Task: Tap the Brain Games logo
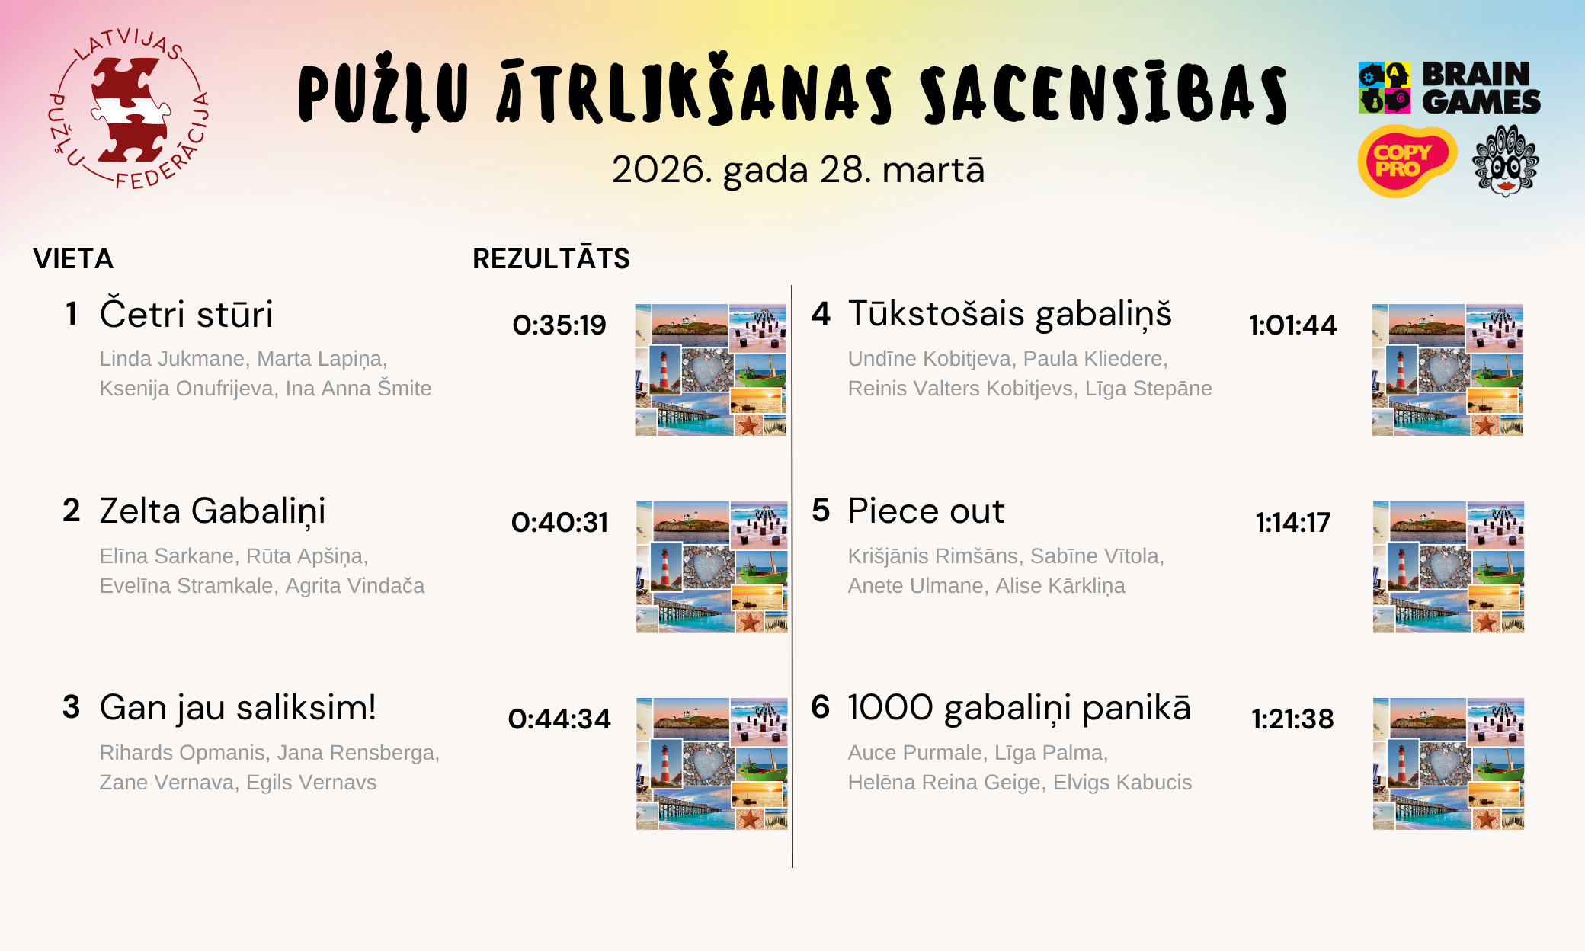point(1449,88)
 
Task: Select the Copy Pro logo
point(1407,161)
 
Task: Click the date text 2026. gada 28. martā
point(798,170)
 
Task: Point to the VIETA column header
point(73,259)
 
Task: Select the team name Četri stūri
point(186,314)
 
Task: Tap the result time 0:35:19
point(559,325)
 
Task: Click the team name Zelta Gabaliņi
point(213,511)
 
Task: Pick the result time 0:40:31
point(559,523)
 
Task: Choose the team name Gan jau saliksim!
point(238,709)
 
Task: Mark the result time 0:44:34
point(559,719)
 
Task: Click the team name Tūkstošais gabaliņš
point(1010,314)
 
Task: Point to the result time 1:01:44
point(1292,325)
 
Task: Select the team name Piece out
point(926,511)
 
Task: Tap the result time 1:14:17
point(1292,523)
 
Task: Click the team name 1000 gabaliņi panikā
point(1019,709)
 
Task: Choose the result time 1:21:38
point(1292,719)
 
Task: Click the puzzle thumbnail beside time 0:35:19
point(711,370)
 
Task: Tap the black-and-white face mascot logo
point(1506,161)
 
